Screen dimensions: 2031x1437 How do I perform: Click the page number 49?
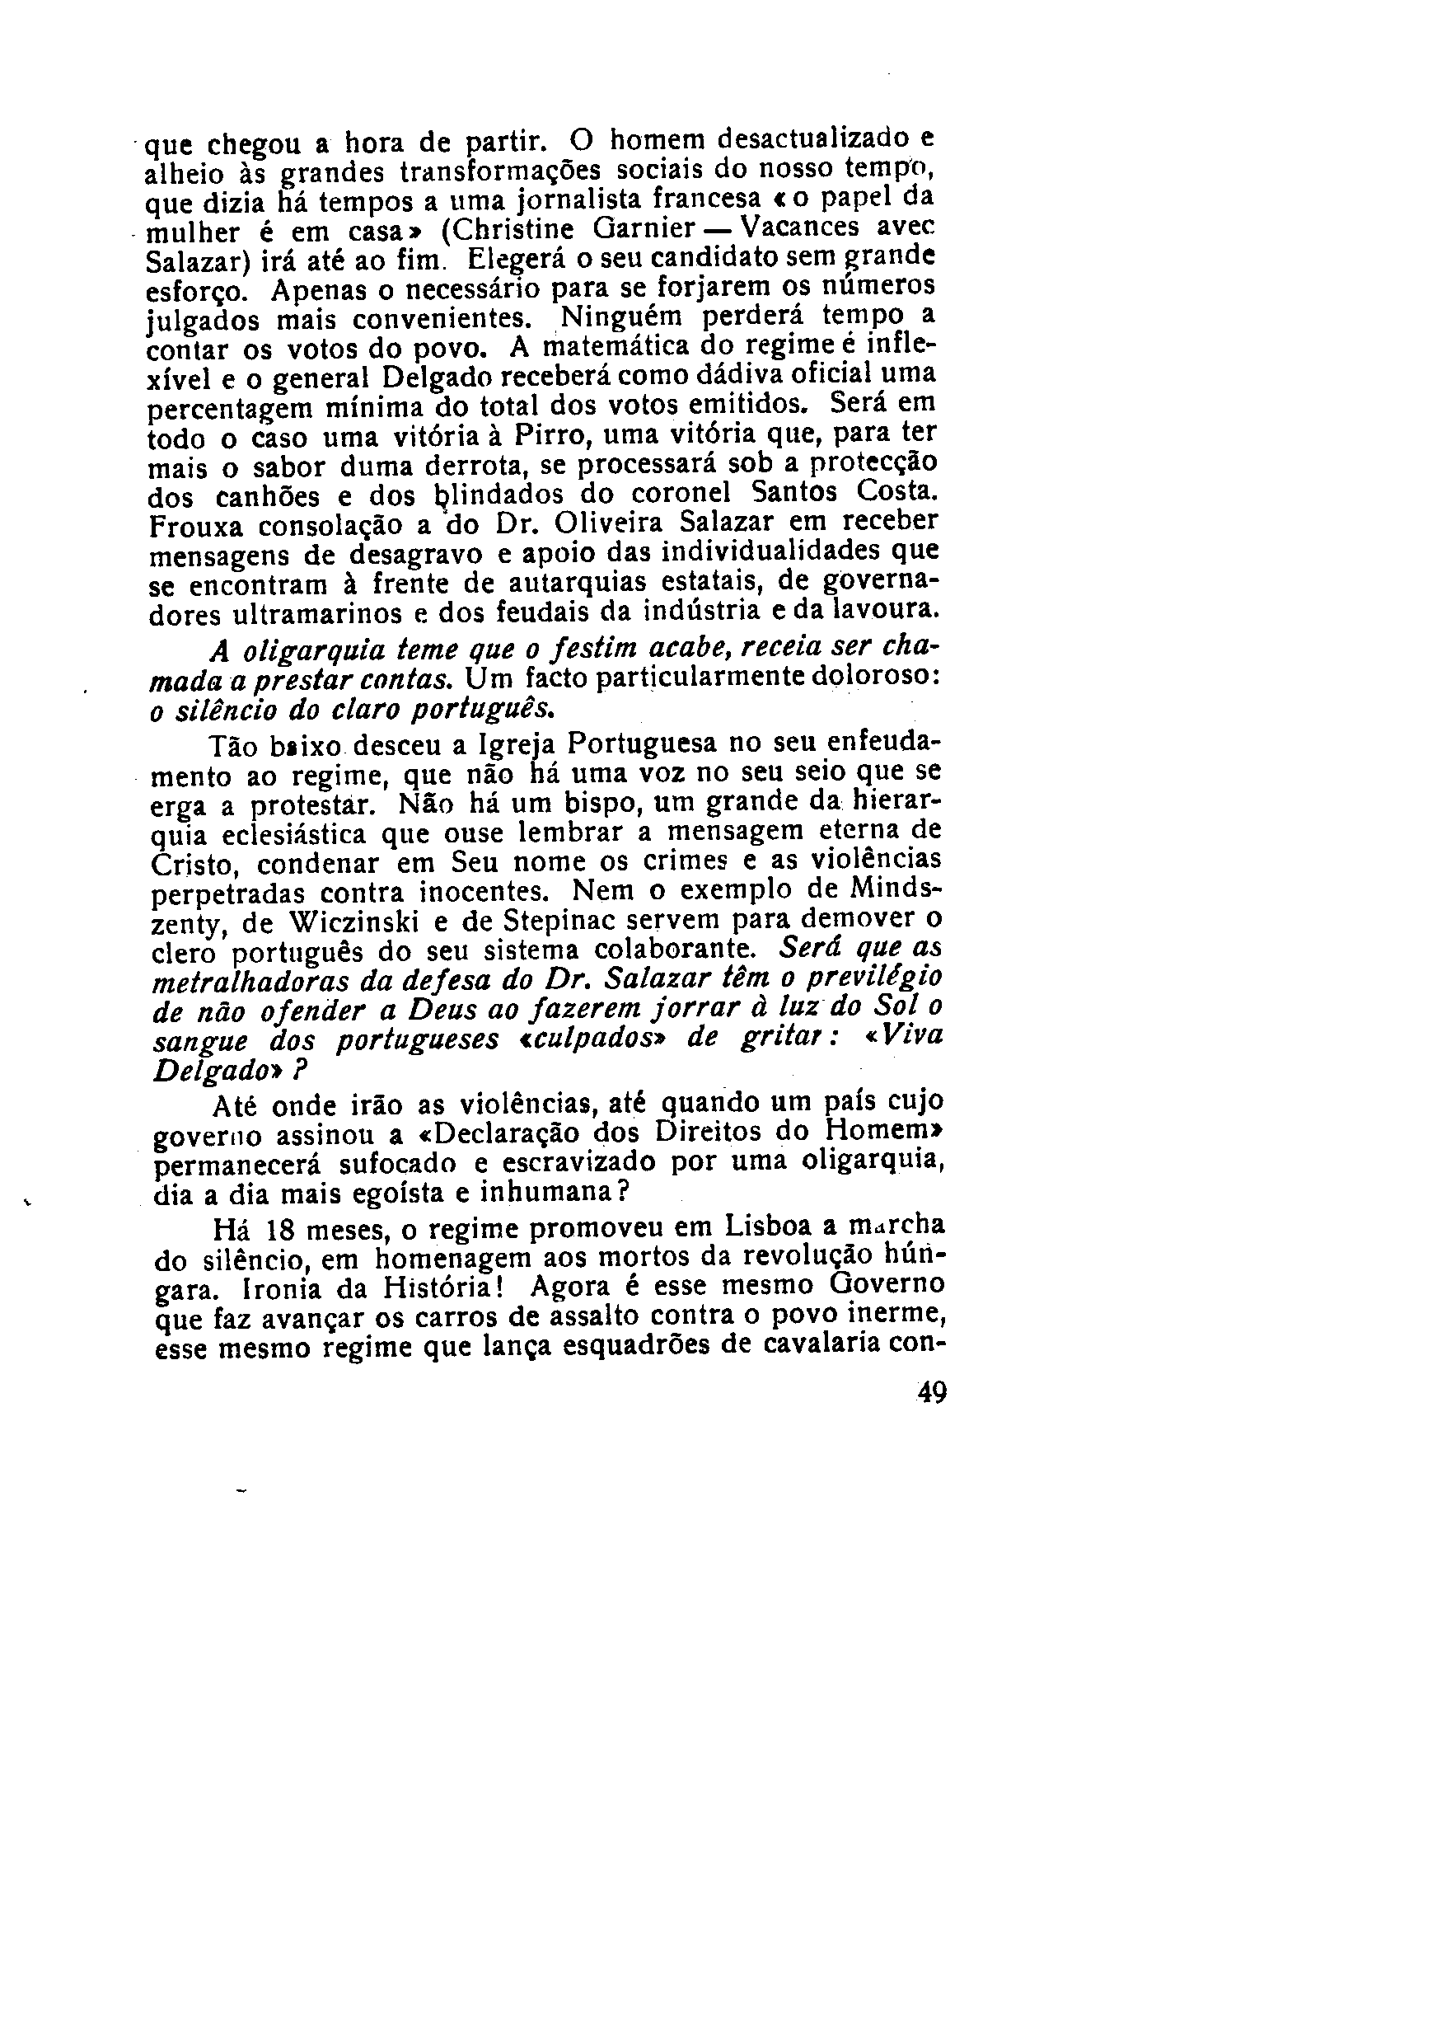coord(931,1393)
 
